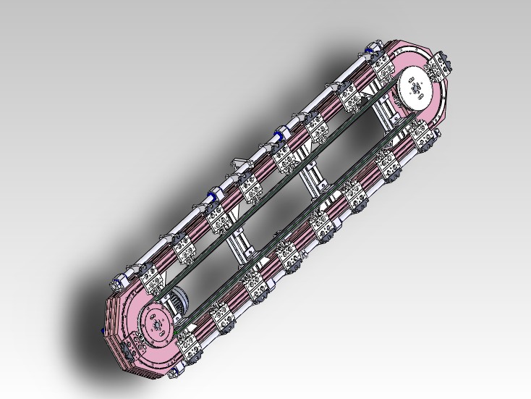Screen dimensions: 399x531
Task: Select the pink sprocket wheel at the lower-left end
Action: point(156,326)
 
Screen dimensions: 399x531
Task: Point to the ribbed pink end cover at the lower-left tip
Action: point(116,319)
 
